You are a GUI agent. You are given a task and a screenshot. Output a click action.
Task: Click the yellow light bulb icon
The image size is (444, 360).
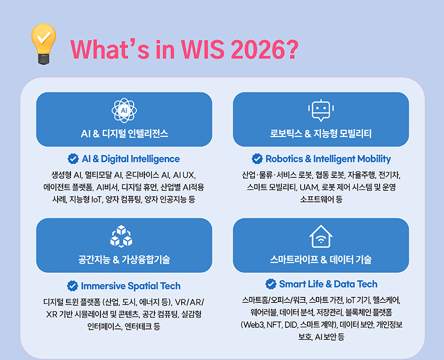coord(43,44)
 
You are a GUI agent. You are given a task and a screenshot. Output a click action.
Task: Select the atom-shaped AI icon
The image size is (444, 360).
coord(124,110)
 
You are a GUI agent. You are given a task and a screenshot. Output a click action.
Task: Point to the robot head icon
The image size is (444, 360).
coord(321,110)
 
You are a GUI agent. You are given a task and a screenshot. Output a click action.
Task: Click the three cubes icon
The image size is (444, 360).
coord(121,236)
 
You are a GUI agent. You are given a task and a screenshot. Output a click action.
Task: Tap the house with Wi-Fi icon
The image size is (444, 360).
coord(321,236)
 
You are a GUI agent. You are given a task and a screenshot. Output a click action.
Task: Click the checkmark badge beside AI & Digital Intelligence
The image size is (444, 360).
coord(73,159)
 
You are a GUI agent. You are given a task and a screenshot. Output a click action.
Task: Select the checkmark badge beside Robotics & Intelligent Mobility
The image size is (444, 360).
coord(257,159)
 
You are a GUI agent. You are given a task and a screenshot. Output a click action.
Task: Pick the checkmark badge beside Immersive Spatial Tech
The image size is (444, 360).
coord(73,286)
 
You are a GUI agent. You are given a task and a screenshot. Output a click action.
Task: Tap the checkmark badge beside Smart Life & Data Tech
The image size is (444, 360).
coord(271,284)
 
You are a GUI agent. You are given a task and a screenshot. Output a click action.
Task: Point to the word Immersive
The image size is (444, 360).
coord(103,286)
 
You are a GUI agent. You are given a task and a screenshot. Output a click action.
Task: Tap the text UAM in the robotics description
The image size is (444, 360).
coord(309,187)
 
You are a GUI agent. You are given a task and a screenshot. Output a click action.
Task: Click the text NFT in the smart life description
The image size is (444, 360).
coord(274,324)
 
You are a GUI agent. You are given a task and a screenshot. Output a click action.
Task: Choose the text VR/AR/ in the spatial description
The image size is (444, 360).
coord(189,302)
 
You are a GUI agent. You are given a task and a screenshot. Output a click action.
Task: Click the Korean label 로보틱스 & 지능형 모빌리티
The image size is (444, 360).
coord(321,133)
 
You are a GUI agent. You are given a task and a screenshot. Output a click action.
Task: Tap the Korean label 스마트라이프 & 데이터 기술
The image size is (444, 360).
coord(321,259)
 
